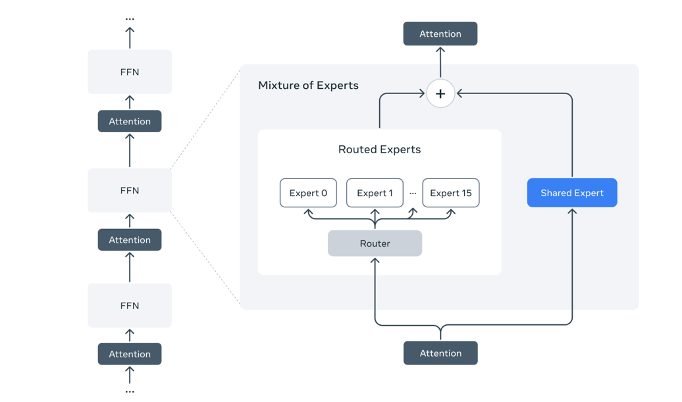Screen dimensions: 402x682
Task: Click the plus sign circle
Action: (440, 93)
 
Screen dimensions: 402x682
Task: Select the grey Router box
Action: (375, 243)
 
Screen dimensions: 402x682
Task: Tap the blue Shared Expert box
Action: (571, 193)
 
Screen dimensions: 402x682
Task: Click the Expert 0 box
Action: (308, 193)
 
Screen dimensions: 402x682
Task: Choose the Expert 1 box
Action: (375, 193)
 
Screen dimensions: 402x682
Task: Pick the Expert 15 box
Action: (450, 193)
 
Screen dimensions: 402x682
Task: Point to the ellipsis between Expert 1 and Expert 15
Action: (413, 193)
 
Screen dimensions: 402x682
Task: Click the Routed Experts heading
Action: (379, 149)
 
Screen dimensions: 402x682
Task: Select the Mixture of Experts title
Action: (308, 86)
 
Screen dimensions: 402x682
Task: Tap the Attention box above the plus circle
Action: (440, 34)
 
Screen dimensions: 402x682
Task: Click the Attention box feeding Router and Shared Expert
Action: (440, 353)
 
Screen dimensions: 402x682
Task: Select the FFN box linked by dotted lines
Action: (130, 191)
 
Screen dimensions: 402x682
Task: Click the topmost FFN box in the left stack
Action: (130, 72)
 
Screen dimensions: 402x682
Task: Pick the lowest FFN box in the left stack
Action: (130, 306)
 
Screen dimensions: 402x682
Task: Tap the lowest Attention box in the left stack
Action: (130, 354)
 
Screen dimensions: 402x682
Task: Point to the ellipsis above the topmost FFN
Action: (130, 19)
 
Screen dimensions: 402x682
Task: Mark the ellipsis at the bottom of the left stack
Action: (130, 391)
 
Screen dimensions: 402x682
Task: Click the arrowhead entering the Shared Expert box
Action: (572, 212)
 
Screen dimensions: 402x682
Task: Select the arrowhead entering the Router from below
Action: (375, 261)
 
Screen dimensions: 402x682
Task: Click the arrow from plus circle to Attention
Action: (440, 63)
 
